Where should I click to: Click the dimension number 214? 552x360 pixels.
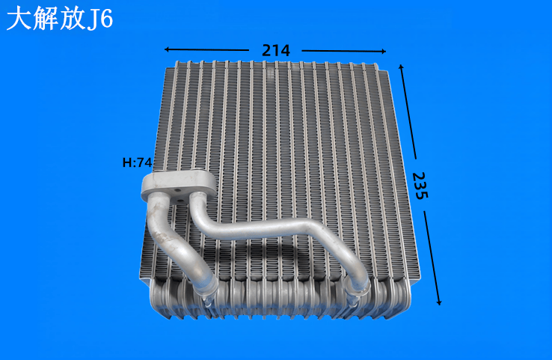[x=276, y=51]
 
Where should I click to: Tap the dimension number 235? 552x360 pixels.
[x=420, y=186]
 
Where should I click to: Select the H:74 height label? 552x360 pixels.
[x=137, y=162]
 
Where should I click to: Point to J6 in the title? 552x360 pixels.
[x=100, y=19]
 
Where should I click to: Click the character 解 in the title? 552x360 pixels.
[x=46, y=19]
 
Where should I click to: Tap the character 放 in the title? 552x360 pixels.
[x=73, y=19]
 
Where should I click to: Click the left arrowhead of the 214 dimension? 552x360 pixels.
[x=167, y=49]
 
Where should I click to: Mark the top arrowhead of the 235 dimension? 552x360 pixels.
[x=401, y=67]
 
